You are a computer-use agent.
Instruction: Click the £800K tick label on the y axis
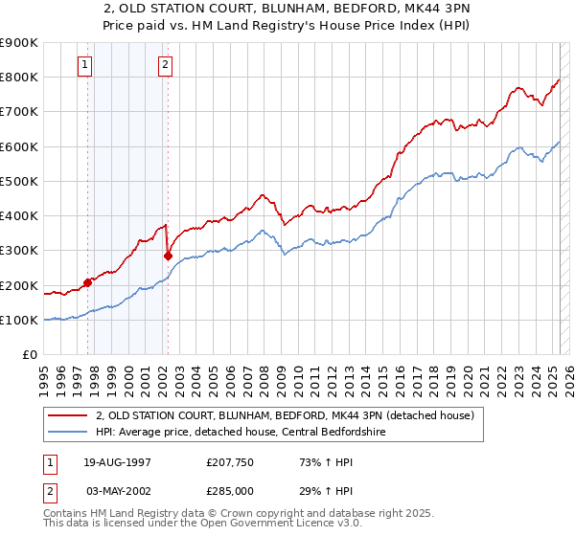[19, 77]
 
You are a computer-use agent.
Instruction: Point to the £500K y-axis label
[19, 181]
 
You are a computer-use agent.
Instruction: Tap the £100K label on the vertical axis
[19, 320]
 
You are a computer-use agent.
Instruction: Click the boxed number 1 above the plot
[86, 65]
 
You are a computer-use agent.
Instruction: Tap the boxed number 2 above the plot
[166, 65]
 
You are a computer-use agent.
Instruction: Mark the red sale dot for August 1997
[87, 282]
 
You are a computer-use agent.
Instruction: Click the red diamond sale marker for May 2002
[168, 256]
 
